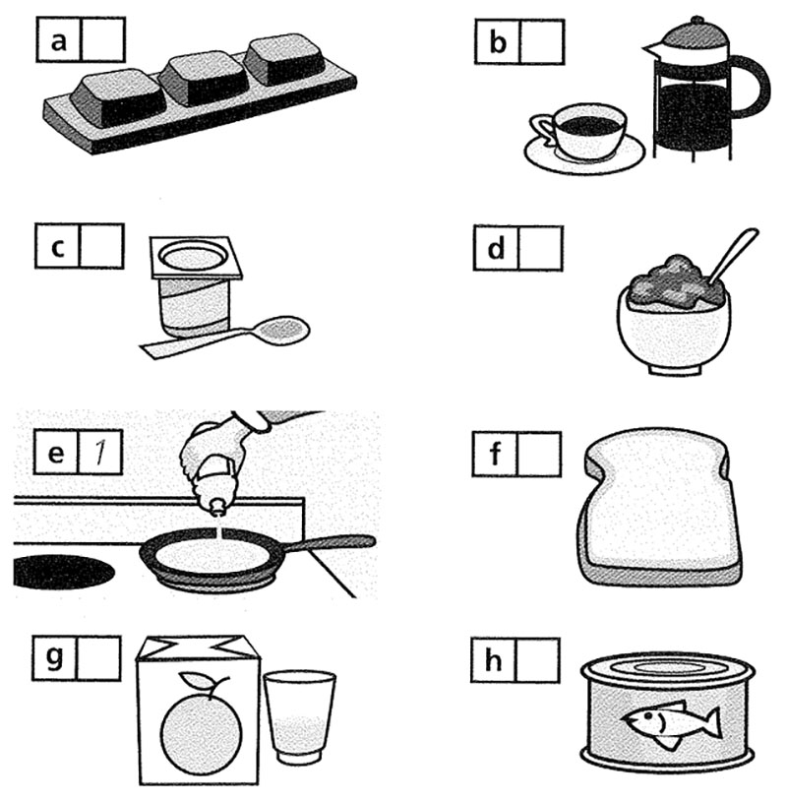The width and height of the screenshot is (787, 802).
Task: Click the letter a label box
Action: click(59, 40)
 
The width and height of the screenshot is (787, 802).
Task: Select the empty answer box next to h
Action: click(537, 660)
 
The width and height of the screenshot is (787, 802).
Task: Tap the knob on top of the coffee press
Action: click(696, 21)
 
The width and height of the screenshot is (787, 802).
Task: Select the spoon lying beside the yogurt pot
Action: click(225, 339)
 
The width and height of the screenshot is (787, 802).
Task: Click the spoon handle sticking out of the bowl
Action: click(732, 254)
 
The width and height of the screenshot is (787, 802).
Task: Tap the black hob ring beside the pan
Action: click(62, 572)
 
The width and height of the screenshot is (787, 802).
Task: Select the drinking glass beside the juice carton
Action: click(299, 717)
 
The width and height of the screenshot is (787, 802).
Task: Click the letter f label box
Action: click(495, 454)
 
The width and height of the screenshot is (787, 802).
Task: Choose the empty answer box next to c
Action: click(101, 246)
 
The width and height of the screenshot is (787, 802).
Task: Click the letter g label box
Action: click(55, 658)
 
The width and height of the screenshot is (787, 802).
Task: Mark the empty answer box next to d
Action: click(540, 248)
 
